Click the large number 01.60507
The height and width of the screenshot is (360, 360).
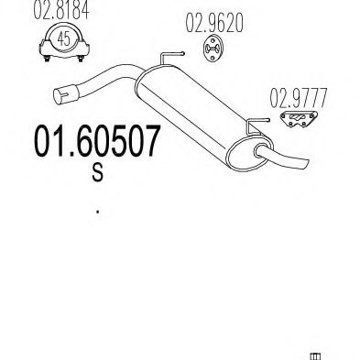[96, 144]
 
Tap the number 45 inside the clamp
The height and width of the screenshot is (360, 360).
[60, 39]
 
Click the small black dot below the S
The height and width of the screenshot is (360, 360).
[97, 213]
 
